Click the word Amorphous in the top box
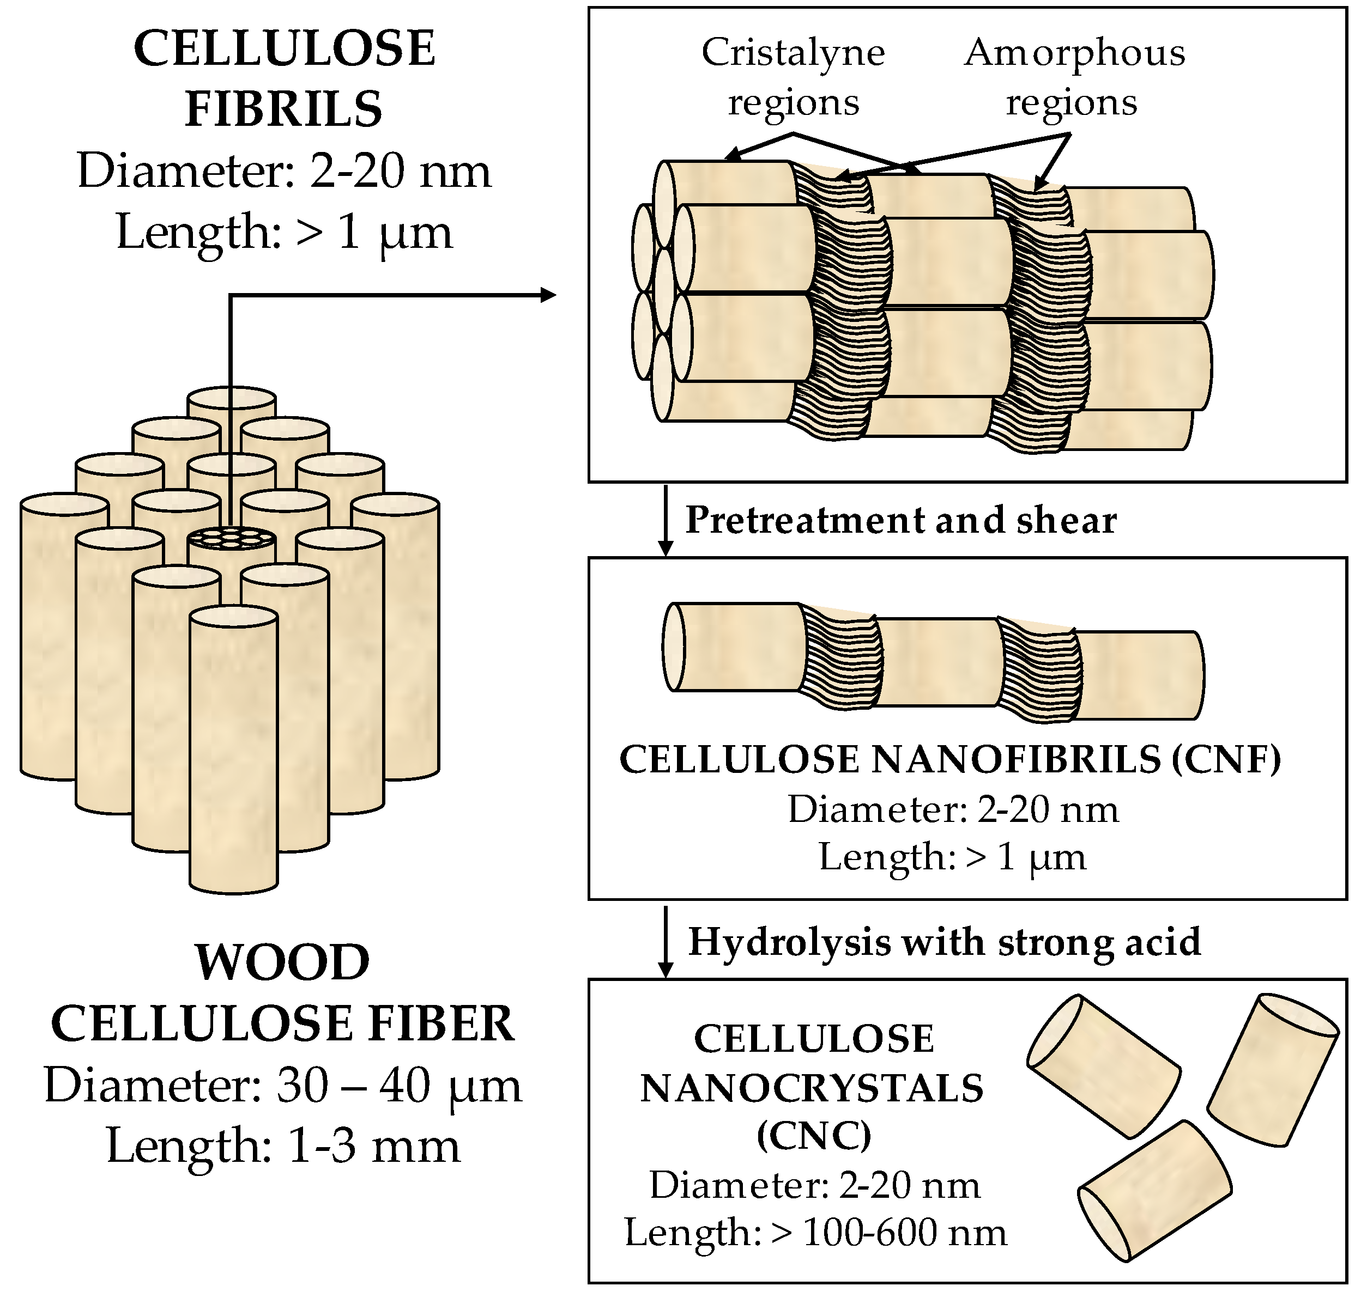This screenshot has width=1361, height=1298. tap(1074, 53)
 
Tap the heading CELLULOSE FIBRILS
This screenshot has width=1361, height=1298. tap(284, 78)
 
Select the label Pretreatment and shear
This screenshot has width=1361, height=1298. tap(900, 520)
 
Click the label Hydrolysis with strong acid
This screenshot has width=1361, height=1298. tap(944, 942)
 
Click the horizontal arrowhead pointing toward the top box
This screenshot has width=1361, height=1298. tap(548, 295)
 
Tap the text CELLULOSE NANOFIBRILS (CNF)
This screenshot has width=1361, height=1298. tap(950, 760)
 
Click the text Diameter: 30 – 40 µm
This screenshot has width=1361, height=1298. tap(282, 1085)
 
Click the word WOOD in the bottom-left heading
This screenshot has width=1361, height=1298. tap(282, 962)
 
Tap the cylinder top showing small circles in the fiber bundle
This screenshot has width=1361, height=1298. tap(232, 538)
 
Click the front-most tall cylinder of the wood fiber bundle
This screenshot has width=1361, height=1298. tap(233, 754)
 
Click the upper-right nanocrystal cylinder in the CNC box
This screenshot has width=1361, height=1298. tap(1272, 1070)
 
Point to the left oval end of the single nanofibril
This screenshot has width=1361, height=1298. tap(674, 647)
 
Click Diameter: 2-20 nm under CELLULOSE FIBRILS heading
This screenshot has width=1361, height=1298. tap(284, 171)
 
